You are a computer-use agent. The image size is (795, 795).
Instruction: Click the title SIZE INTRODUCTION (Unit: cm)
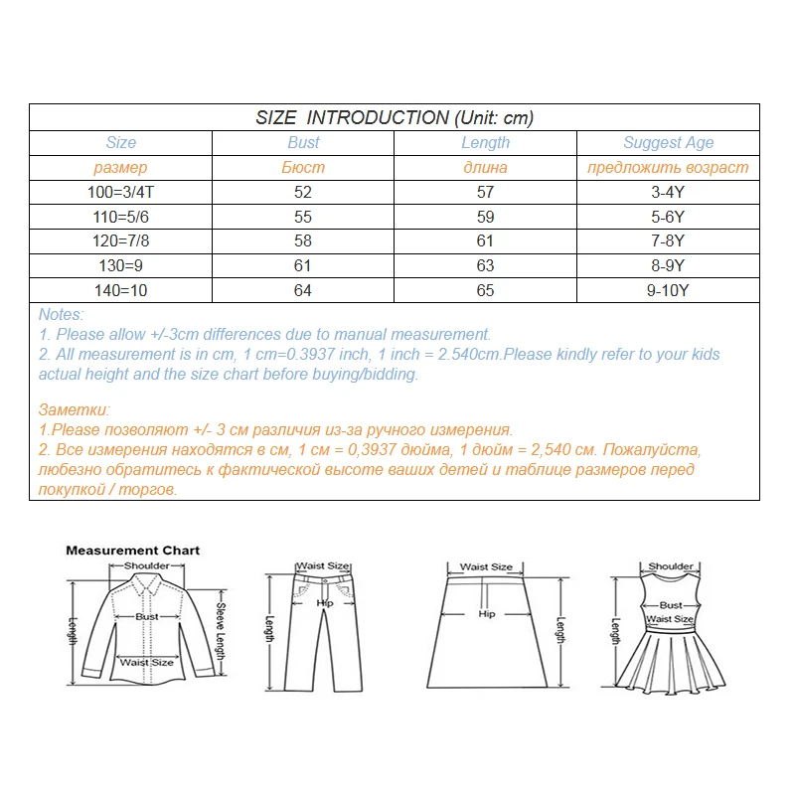point(395,117)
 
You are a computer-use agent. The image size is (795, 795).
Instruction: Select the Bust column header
point(303,143)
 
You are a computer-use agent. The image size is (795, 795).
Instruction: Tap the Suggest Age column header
point(668,143)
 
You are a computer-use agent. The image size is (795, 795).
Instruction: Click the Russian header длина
point(485,167)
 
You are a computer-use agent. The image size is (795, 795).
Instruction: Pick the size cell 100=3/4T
point(120,192)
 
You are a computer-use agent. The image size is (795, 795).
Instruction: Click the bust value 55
point(303,216)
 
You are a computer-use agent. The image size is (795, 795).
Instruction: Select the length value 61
point(485,240)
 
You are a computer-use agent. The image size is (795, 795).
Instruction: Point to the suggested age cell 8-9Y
point(668,265)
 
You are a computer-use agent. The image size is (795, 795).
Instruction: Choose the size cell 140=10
point(120,290)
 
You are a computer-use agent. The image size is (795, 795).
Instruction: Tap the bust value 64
point(303,290)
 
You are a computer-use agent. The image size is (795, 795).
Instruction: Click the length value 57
point(485,192)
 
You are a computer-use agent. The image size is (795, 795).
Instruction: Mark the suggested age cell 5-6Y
point(668,216)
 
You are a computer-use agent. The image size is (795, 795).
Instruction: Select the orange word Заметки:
point(75,409)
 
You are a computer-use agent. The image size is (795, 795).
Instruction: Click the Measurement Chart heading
point(132,550)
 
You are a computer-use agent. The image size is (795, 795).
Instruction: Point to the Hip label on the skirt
point(486,614)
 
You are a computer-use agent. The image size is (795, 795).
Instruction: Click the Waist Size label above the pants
point(324,566)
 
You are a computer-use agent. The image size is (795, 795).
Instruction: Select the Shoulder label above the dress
point(671,566)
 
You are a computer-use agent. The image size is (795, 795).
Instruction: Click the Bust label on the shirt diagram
point(147,616)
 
